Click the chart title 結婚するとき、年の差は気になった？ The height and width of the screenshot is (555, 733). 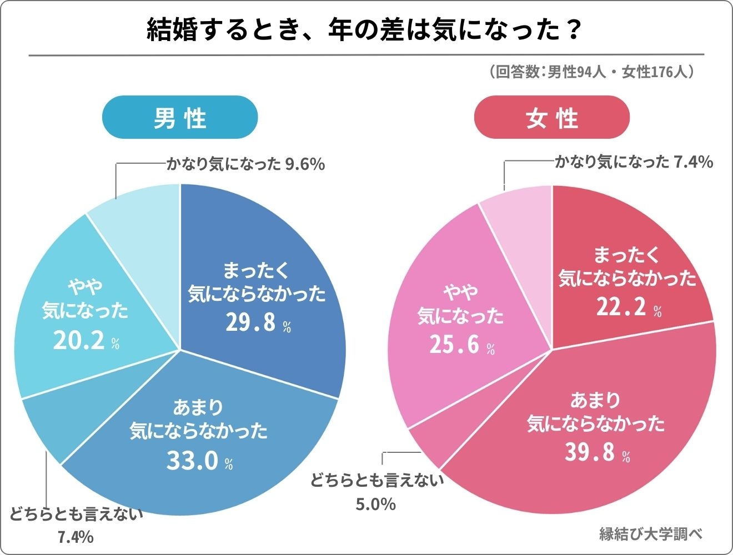pos(364,30)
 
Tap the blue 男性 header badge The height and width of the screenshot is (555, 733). pos(180,118)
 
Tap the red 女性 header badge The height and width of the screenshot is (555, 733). pos(551,118)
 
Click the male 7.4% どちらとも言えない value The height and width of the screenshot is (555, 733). pos(75,537)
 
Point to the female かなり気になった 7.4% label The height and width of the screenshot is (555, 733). pos(634,162)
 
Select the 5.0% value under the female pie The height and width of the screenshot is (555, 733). pos(375,504)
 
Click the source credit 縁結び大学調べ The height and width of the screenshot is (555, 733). pos(651,534)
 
